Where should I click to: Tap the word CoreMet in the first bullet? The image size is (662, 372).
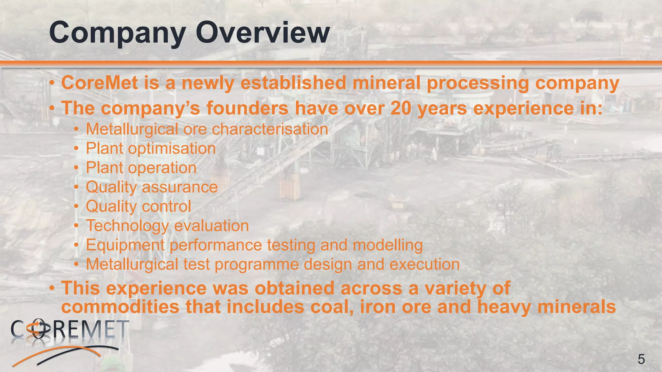(100, 83)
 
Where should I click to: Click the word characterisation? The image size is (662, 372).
(270, 129)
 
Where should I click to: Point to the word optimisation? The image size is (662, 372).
(172, 149)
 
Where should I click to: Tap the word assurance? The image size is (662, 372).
(179, 187)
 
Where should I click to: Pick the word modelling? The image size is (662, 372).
(387, 245)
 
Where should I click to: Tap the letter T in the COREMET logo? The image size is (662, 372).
(123, 329)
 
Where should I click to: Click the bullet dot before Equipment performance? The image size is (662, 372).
(76, 245)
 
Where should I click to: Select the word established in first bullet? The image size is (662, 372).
(293, 83)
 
